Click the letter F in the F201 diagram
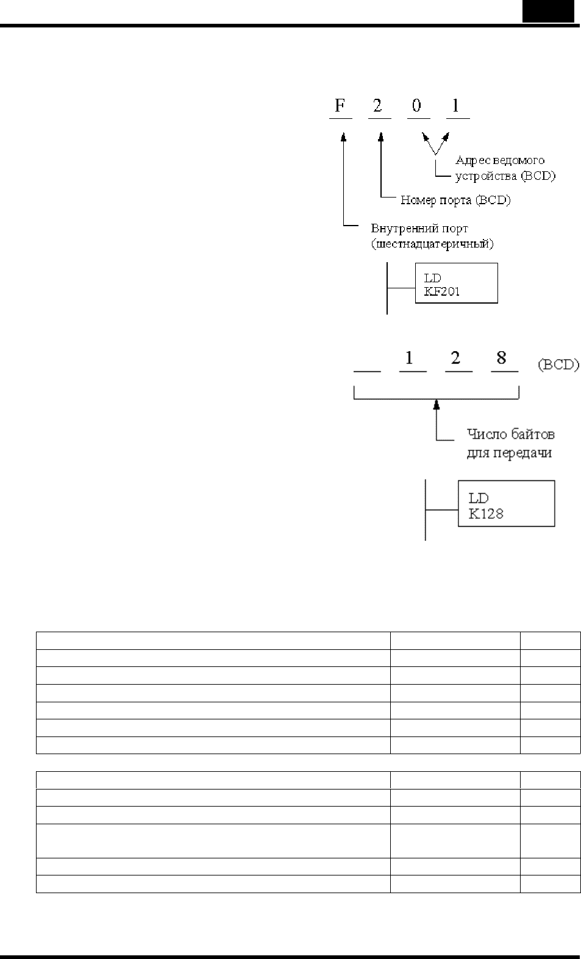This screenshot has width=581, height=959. pyautogui.click(x=340, y=105)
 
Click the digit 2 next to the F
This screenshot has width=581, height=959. pyautogui.click(x=377, y=105)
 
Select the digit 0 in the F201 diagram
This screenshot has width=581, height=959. pyautogui.click(x=416, y=105)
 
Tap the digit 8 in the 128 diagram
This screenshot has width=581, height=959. pyautogui.click(x=501, y=357)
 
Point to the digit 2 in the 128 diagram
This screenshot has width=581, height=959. pyautogui.click(x=455, y=357)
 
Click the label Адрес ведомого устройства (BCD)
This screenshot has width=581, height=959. pyautogui.click(x=505, y=168)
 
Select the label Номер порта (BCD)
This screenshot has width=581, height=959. pyautogui.click(x=455, y=200)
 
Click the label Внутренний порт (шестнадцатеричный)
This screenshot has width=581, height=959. pyautogui.click(x=432, y=236)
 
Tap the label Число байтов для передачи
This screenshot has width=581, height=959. pyautogui.click(x=511, y=443)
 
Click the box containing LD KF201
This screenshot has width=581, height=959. pyautogui.click(x=457, y=283)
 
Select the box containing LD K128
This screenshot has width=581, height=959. pyautogui.click(x=507, y=503)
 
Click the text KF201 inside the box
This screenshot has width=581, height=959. pyautogui.click(x=442, y=291)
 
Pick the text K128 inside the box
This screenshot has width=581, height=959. pyautogui.click(x=486, y=513)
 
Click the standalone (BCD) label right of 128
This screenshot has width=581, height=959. pyautogui.click(x=558, y=365)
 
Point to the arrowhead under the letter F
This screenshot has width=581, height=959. pyautogui.click(x=343, y=137)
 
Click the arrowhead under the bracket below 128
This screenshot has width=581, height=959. pyautogui.click(x=437, y=405)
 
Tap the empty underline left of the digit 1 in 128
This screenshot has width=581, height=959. pyautogui.click(x=367, y=371)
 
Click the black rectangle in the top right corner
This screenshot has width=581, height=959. pyautogui.click(x=548, y=11)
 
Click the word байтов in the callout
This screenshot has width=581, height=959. pyautogui.click(x=533, y=434)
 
